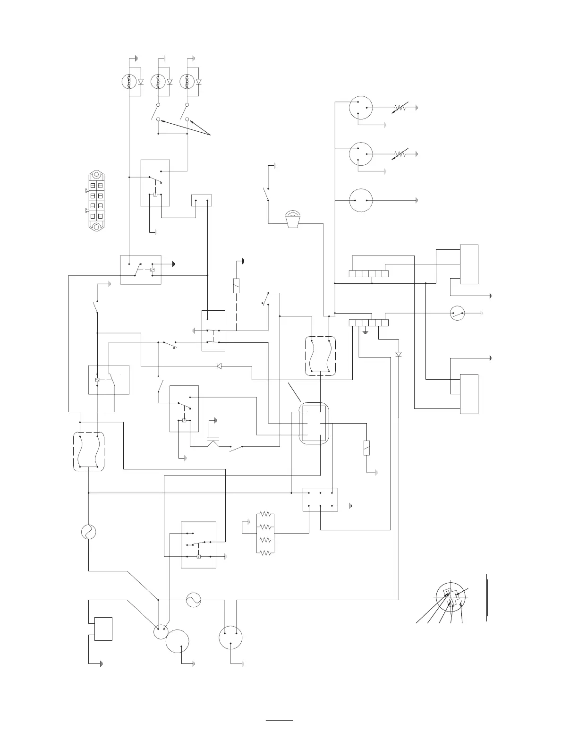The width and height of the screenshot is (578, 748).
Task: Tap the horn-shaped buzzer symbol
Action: [x=293, y=220]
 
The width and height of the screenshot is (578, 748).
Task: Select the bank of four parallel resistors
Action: [x=265, y=533]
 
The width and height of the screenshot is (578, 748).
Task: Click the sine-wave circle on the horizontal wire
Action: [x=194, y=600]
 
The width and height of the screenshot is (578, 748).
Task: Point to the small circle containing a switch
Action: [x=457, y=312]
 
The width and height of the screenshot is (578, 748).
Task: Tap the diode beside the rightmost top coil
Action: [x=198, y=82]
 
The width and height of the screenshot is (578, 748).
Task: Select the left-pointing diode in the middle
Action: [x=219, y=366]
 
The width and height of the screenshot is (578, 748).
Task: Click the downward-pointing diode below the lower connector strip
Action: [x=399, y=354]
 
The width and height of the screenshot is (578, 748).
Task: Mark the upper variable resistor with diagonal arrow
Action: [x=399, y=108]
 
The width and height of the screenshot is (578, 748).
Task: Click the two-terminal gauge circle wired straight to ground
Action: [x=361, y=200]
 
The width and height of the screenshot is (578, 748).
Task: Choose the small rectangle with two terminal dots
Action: [x=202, y=200]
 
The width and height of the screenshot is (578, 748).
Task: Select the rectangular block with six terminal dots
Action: [x=320, y=499]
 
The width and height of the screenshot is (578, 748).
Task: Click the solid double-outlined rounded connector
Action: [x=314, y=423]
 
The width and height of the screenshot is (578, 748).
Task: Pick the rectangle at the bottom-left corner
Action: [x=103, y=629]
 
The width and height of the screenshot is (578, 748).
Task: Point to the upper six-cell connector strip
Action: [x=369, y=273]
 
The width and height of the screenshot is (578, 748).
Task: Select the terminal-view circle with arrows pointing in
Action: [x=451, y=596]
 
